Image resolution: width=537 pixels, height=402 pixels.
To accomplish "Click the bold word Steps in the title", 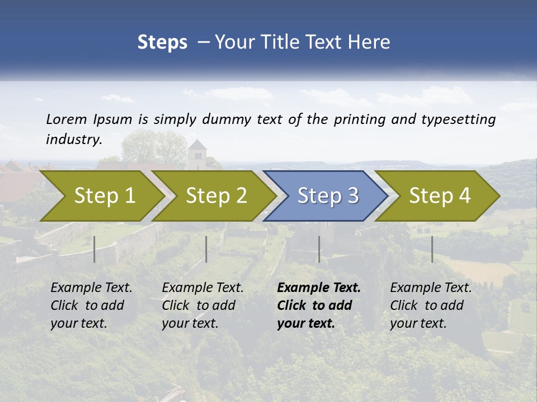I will (x=162, y=42).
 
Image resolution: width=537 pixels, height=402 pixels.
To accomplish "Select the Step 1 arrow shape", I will (x=101, y=196).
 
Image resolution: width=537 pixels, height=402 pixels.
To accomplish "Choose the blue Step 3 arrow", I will (x=327, y=196).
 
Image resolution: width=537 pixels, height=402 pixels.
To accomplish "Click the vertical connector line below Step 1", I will (x=95, y=249).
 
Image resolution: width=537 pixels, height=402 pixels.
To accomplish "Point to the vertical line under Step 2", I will (x=206, y=249).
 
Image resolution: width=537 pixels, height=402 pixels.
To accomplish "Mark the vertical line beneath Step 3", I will (x=319, y=249).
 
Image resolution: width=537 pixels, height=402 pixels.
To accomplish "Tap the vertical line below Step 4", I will (x=432, y=249).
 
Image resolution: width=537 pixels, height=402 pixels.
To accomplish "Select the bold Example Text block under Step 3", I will (x=319, y=305).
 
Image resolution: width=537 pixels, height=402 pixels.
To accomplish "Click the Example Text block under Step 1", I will (x=92, y=305).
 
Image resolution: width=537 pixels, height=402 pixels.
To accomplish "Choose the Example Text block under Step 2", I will (x=203, y=305).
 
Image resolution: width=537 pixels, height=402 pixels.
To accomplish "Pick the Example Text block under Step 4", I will (x=431, y=305).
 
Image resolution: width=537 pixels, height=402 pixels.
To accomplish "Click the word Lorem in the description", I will (x=67, y=119).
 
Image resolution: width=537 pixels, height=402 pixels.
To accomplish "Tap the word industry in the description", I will (x=74, y=140).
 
